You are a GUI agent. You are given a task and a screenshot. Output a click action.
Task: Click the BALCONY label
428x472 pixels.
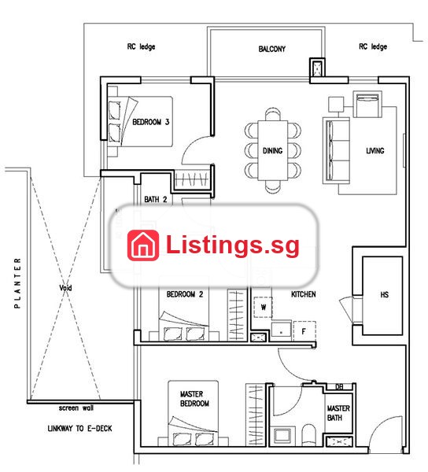tap(271, 49)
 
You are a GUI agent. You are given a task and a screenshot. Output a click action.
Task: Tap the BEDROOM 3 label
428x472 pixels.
tap(151, 122)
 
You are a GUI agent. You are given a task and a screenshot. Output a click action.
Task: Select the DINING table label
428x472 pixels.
tap(273, 150)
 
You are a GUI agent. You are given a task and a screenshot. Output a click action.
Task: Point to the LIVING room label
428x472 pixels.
tap(375, 150)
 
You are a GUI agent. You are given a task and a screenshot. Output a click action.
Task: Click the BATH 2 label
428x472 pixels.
tap(156, 199)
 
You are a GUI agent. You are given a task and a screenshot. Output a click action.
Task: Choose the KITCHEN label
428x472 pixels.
tap(304, 294)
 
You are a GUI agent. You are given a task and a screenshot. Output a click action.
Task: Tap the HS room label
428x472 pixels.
tap(385, 294)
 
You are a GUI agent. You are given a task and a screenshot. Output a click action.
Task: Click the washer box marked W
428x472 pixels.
tap(263, 308)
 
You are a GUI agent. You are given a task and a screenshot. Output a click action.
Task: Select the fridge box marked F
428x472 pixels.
tap(304, 331)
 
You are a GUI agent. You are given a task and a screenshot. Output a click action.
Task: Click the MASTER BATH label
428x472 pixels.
tap(338, 413)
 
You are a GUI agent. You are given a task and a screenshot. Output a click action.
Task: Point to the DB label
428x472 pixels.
tap(339, 387)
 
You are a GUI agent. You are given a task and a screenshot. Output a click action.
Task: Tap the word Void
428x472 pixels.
tap(65, 288)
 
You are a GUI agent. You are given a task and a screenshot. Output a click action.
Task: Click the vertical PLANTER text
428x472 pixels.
tap(18, 283)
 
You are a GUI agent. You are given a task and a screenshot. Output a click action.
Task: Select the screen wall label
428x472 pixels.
tap(76, 408)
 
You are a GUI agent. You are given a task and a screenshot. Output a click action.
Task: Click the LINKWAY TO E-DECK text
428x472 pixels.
tap(79, 428)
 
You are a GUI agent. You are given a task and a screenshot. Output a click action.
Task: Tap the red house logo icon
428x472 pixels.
tap(143, 245)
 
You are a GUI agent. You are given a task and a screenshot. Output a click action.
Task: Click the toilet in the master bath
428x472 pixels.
tap(308, 434)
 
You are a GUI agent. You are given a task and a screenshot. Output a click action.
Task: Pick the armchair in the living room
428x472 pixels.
tap(367, 104)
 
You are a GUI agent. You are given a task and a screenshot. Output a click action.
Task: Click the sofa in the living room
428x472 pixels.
tap(336, 150)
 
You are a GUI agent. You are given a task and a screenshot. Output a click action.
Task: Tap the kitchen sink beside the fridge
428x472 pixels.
tap(281, 331)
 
